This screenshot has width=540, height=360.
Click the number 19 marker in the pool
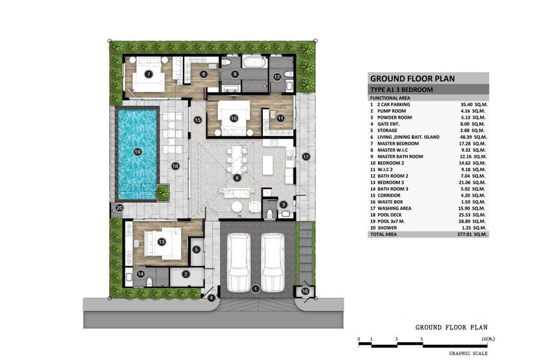(137, 152)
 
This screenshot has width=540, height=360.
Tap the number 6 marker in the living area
(237, 178)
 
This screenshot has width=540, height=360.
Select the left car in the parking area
(239, 262)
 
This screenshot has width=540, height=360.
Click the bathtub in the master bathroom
(255, 62)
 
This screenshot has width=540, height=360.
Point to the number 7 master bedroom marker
(148, 74)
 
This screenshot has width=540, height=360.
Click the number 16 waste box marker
(305, 292)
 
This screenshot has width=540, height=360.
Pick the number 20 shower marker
(119, 208)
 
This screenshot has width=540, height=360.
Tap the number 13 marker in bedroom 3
(161, 242)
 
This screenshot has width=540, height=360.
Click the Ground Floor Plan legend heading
(412, 79)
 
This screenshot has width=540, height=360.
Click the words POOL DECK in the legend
(389, 215)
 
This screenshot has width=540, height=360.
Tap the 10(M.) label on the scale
(488, 339)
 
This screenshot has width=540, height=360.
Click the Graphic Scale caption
(468, 353)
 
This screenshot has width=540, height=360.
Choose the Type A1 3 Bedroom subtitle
(401, 89)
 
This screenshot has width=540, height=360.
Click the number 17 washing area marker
(306, 157)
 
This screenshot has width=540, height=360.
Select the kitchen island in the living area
(268, 166)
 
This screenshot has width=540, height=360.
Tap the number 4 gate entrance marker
(211, 298)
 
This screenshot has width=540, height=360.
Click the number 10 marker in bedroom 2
(234, 119)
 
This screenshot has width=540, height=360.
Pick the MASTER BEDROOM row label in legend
(398, 143)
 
